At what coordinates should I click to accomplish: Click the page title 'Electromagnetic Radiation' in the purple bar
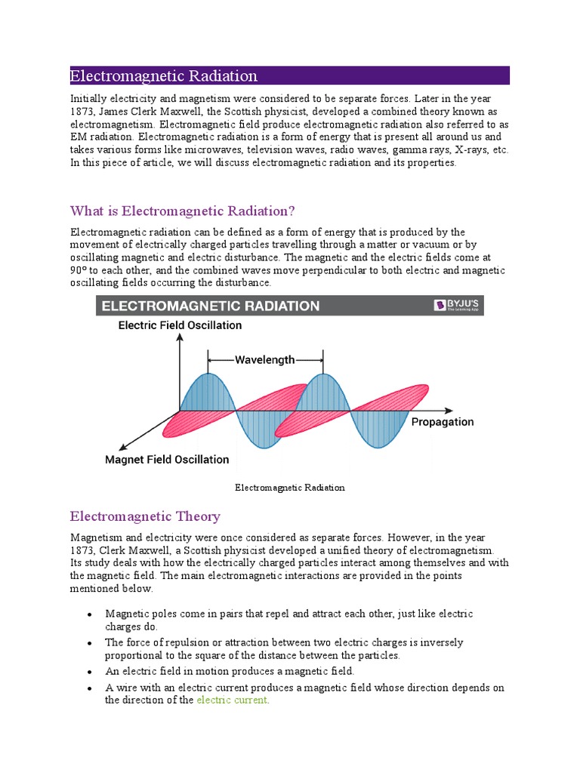164,75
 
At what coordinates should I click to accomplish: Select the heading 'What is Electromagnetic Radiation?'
182,210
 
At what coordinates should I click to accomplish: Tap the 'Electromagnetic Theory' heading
145,516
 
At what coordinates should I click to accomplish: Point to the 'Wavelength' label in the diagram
265,360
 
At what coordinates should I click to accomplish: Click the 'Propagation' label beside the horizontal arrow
443,422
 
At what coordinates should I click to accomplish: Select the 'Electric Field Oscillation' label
180,325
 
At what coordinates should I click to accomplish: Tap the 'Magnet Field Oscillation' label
167,459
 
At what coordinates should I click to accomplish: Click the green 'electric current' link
232,700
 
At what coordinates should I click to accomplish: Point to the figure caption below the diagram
290,488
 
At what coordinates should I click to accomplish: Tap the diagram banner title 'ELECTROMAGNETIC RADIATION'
211,306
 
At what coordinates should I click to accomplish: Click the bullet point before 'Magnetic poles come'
90,614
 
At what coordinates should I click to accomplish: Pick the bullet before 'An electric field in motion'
90,671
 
